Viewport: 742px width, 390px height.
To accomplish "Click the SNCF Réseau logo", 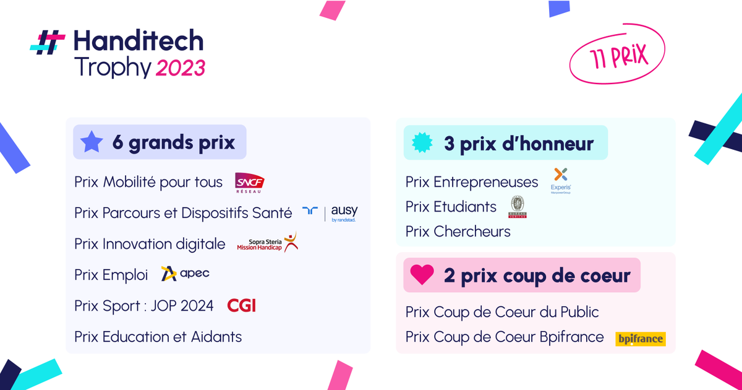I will [x=250, y=183].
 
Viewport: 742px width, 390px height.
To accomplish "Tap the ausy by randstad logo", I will [x=330, y=212].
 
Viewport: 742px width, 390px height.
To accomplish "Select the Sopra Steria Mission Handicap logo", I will [x=267, y=243].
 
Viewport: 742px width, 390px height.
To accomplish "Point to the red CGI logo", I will [x=241, y=305].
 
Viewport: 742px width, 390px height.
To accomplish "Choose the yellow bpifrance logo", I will [x=641, y=338].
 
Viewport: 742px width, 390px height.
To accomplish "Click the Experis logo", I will [x=561, y=180].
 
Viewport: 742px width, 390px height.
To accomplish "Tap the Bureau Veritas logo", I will [x=517, y=207].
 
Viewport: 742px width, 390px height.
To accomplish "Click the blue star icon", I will [x=92, y=143].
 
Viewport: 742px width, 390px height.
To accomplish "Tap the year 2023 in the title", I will [x=180, y=68].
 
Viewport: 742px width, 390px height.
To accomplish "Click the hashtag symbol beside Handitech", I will [x=48, y=41].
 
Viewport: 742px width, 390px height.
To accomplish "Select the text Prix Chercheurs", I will [x=458, y=232].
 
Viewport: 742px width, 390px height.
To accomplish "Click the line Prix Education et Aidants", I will [x=158, y=337].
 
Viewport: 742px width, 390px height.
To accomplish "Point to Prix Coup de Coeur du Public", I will [x=502, y=312].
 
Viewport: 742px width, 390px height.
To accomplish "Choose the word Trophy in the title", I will [x=112, y=67].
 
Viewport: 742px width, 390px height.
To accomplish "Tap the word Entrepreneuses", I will [x=486, y=182].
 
